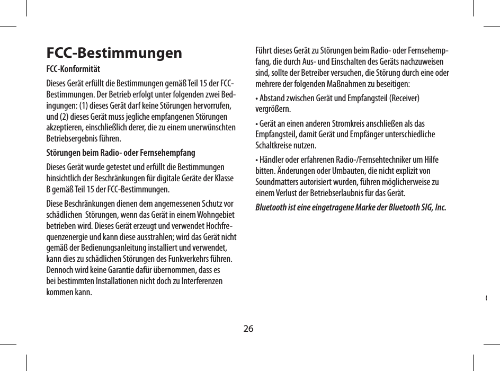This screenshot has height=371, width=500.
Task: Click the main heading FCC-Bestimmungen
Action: tap(114, 54)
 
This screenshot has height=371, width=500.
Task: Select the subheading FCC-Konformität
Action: tap(74, 70)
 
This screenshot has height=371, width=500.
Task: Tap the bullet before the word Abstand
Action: tap(256, 99)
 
